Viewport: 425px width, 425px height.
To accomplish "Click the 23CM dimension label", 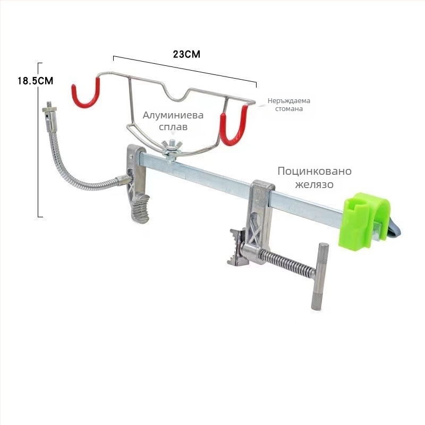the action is (x=186, y=54).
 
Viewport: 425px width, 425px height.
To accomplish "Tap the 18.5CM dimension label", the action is (x=35, y=81).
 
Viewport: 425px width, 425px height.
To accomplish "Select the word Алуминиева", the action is (x=173, y=115).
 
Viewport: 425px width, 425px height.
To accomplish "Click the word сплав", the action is (x=173, y=127).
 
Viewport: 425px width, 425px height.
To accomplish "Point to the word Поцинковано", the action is (x=314, y=171).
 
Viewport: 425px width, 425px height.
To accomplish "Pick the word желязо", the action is (x=314, y=184).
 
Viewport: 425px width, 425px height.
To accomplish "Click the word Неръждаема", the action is (x=289, y=101).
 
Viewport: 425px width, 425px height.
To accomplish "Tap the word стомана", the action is (x=289, y=109).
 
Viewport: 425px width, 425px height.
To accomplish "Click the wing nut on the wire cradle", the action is (x=172, y=147).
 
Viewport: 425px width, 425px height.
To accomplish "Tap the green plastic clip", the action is (x=364, y=220).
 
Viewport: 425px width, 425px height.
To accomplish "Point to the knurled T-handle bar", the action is (x=320, y=276).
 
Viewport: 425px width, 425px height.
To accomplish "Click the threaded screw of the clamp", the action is (x=288, y=262).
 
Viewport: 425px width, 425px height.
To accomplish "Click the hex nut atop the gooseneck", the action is (x=49, y=109).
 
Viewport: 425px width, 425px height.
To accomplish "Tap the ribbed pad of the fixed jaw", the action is (x=141, y=209).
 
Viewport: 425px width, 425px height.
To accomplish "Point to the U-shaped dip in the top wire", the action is (x=177, y=97).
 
